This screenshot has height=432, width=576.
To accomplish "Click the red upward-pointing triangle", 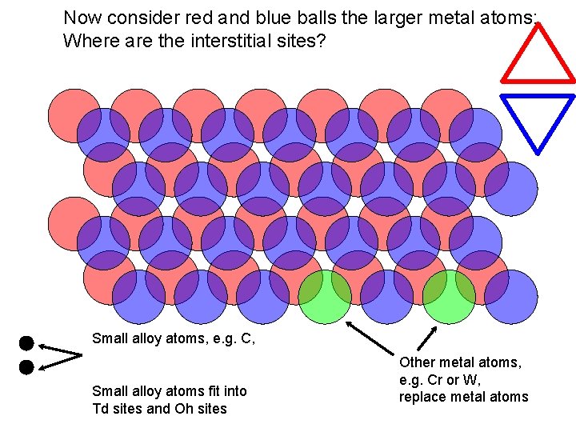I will point(538,58).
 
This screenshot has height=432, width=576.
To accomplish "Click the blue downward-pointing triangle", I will point(538,118).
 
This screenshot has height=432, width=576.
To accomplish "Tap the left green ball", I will point(325,297).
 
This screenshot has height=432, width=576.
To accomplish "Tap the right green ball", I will point(449,297).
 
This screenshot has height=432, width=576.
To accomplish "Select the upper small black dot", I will point(26,344).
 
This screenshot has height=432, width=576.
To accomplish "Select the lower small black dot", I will point(26,367).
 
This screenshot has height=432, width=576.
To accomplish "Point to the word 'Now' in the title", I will point(81,17).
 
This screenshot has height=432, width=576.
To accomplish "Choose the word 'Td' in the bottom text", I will point(102,409).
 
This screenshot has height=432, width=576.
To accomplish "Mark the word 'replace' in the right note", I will point(423,396).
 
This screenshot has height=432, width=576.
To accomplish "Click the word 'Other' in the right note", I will point(417,362).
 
